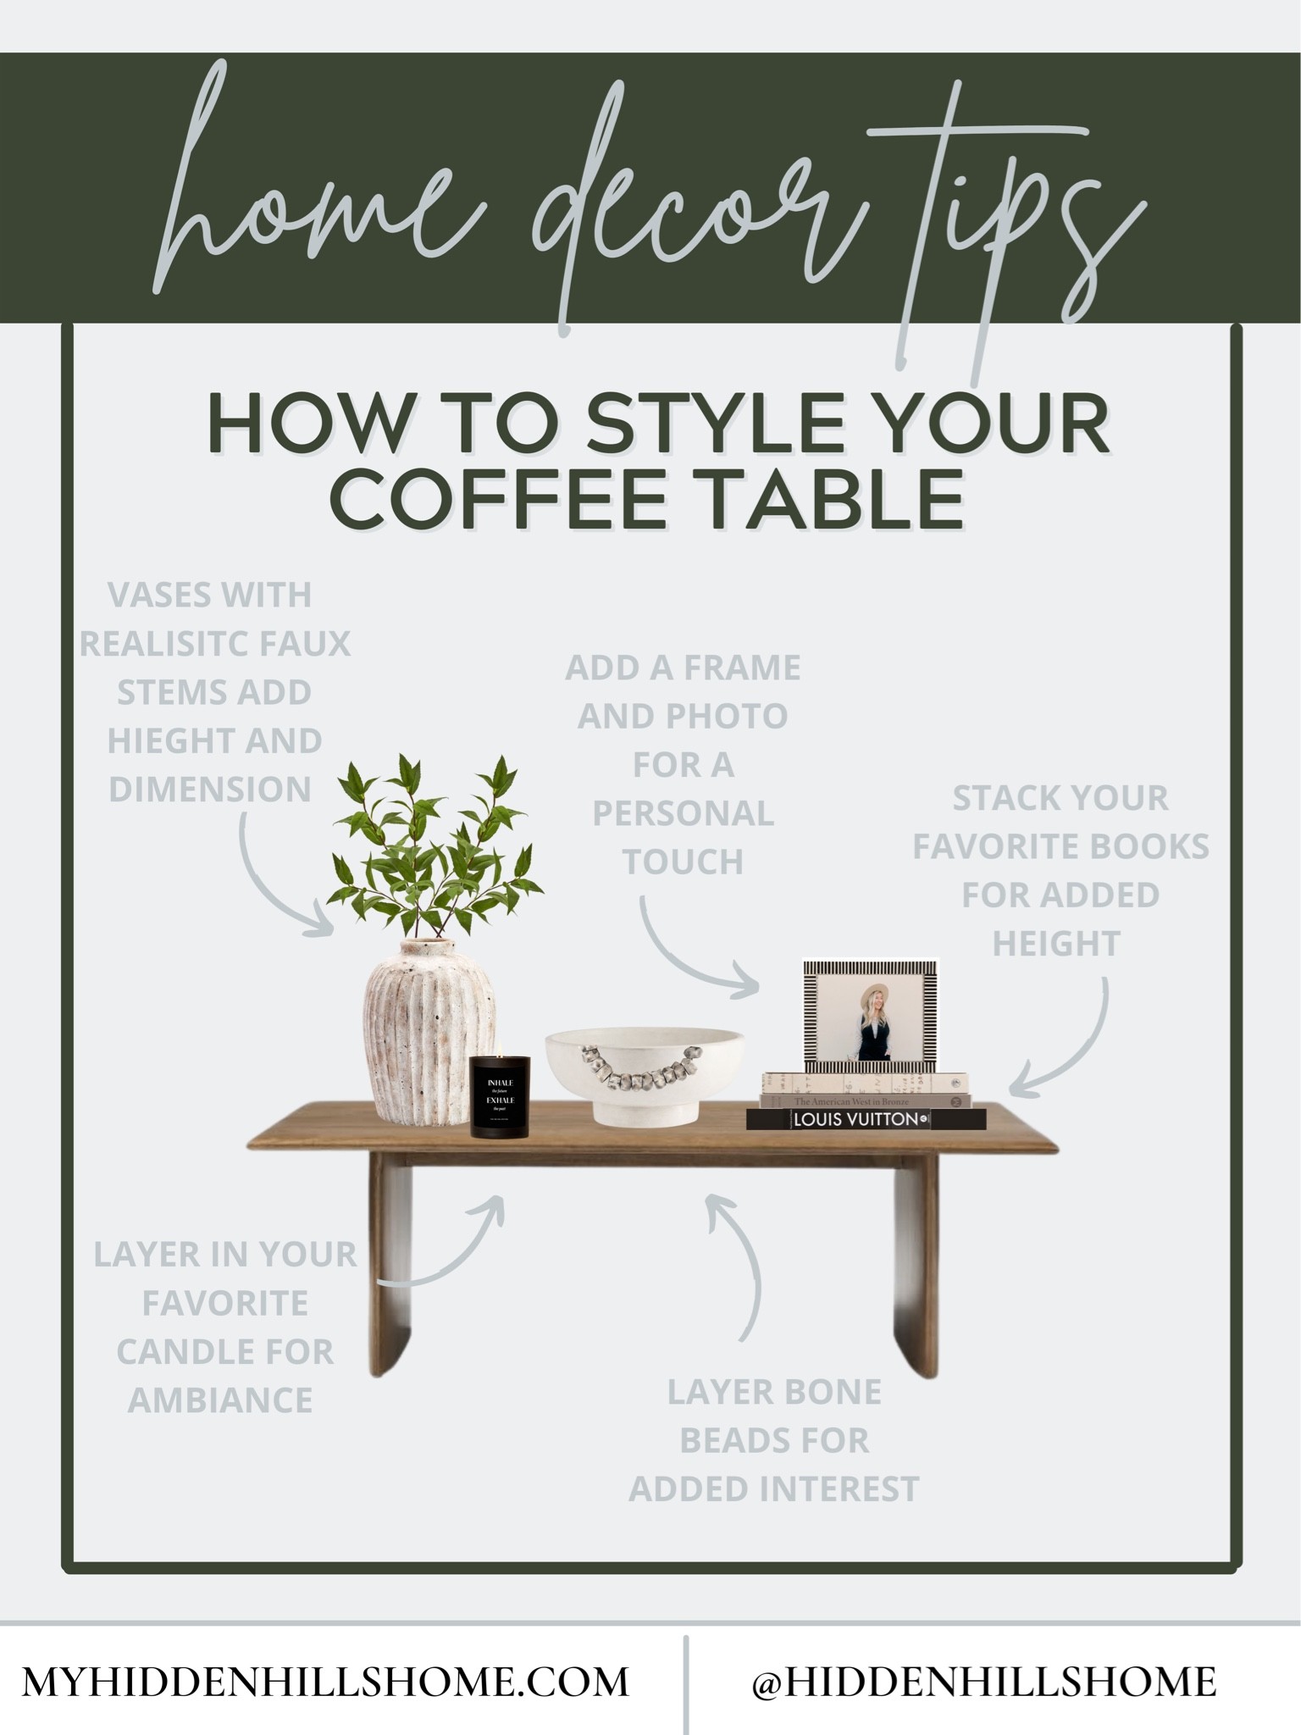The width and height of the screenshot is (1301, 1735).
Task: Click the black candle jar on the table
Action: (500, 1096)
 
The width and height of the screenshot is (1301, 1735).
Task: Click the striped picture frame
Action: (871, 1013)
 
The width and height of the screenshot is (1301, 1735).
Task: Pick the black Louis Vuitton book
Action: (866, 1119)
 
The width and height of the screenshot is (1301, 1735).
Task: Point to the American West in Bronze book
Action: (866, 1100)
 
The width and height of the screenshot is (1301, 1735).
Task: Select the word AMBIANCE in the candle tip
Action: (221, 1400)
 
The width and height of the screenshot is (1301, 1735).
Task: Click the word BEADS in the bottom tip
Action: (774, 1440)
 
